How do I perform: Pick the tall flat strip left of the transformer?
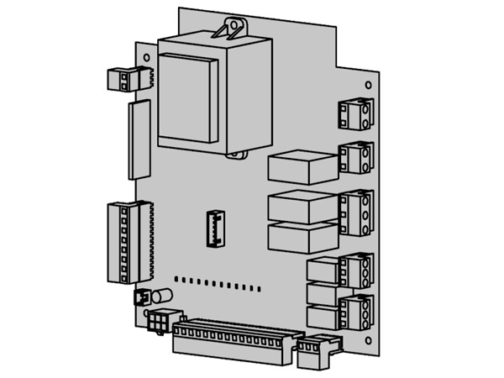pos(138,139)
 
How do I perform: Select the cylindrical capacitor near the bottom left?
pos(161,296)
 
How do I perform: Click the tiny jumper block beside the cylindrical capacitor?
pos(141,297)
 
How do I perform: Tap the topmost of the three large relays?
pos(301,167)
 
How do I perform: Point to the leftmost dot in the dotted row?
pos(176,278)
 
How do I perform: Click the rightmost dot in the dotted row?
pos(259,289)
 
